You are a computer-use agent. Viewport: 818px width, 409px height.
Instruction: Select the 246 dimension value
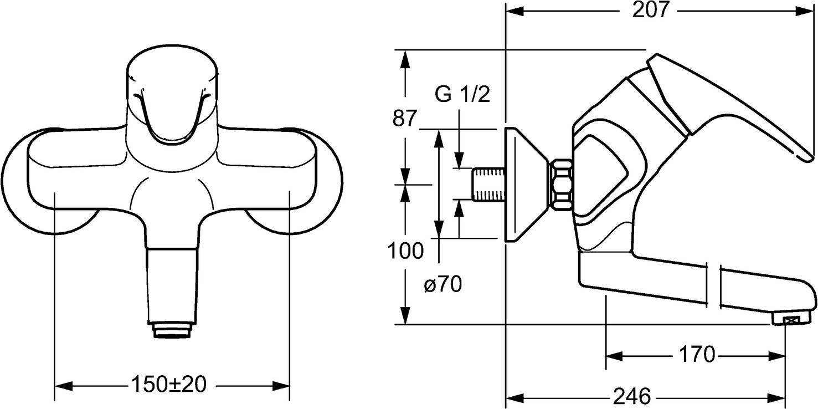tap(631, 397)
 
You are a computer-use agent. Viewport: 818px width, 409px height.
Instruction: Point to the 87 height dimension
tap(404, 119)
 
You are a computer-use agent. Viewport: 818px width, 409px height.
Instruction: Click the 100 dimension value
tap(405, 251)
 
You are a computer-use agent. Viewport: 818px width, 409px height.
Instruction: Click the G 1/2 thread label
tap(462, 95)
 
